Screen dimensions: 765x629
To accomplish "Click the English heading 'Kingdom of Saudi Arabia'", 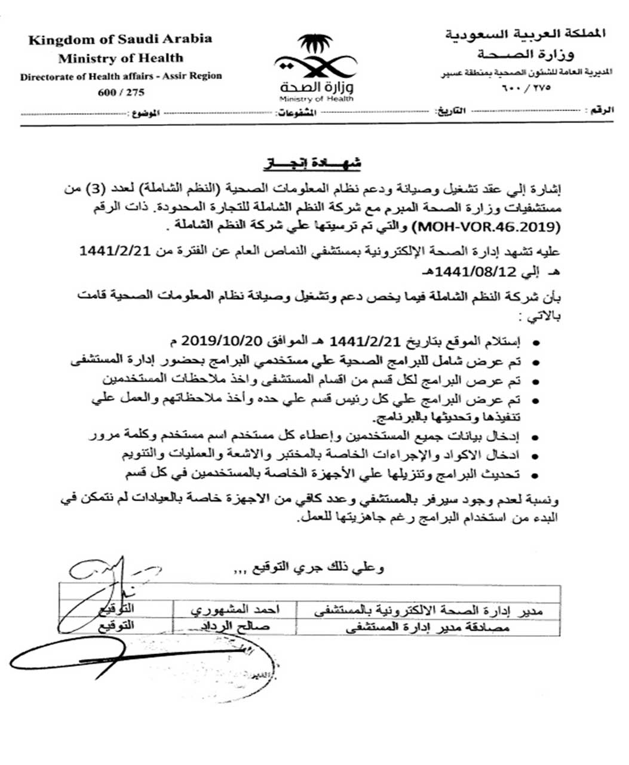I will click(120, 39).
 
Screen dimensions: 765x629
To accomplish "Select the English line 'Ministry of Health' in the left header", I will click(120, 58).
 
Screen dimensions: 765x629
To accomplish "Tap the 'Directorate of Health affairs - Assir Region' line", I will click(121, 76).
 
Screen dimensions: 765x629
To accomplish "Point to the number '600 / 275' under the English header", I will click(120, 92).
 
